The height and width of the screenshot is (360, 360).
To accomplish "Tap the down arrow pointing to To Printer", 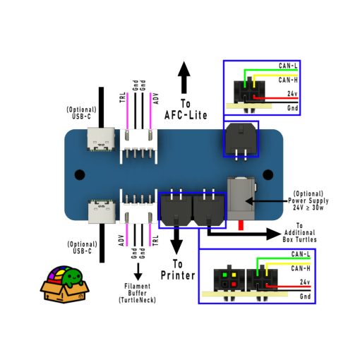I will [x=176, y=244].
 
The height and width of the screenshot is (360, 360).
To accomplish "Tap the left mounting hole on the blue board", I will [x=80, y=174].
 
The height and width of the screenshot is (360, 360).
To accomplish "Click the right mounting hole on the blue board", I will [x=268, y=174].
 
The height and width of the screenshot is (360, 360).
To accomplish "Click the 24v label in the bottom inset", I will [x=305, y=282].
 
